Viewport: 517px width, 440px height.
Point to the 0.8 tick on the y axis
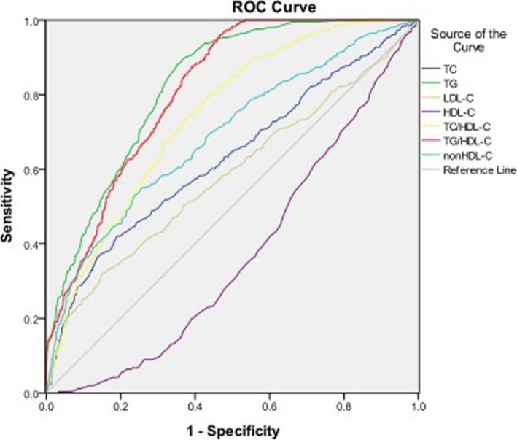click(x=31, y=95)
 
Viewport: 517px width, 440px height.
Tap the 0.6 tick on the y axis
click(x=31, y=170)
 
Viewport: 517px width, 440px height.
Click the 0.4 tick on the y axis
click(x=31, y=244)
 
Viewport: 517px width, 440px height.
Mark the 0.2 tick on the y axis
click(x=31, y=319)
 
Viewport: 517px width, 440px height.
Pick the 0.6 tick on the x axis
click(x=268, y=404)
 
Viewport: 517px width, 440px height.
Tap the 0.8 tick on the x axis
click(x=343, y=404)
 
